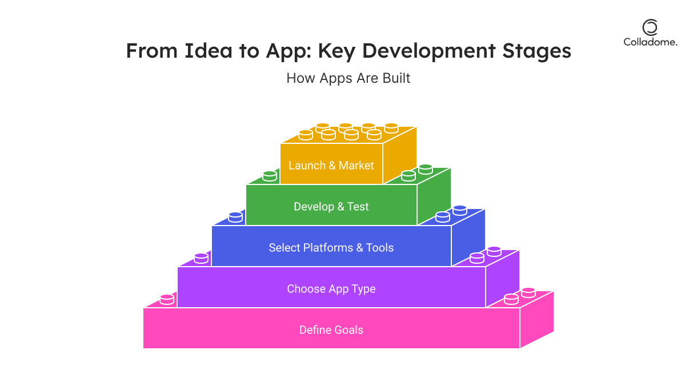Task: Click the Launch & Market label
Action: (331, 166)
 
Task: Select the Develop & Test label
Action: (331, 207)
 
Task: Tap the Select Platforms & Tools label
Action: (331, 248)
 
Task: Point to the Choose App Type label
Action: (331, 289)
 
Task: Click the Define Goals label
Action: (331, 330)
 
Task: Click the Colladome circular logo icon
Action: (650, 27)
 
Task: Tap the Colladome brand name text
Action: (650, 42)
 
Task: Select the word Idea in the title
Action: (209, 51)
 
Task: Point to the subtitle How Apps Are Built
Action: (348, 78)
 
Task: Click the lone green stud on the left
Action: (270, 176)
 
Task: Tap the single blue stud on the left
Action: (235, 217)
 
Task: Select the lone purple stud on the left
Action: (201, 258)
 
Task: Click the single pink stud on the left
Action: (167, 299)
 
